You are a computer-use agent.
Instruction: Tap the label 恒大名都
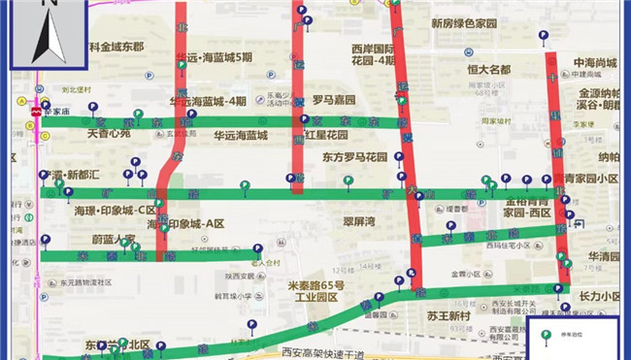(x=487, y=70)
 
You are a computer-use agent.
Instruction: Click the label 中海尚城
(x=595, y=59)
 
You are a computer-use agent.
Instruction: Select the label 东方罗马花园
(x=354, y=156)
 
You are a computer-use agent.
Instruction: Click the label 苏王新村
(x=448, y=316)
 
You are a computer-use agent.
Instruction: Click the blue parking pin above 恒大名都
(x=481, y=49)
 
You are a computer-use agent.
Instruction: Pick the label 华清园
(x=604, y=256)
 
